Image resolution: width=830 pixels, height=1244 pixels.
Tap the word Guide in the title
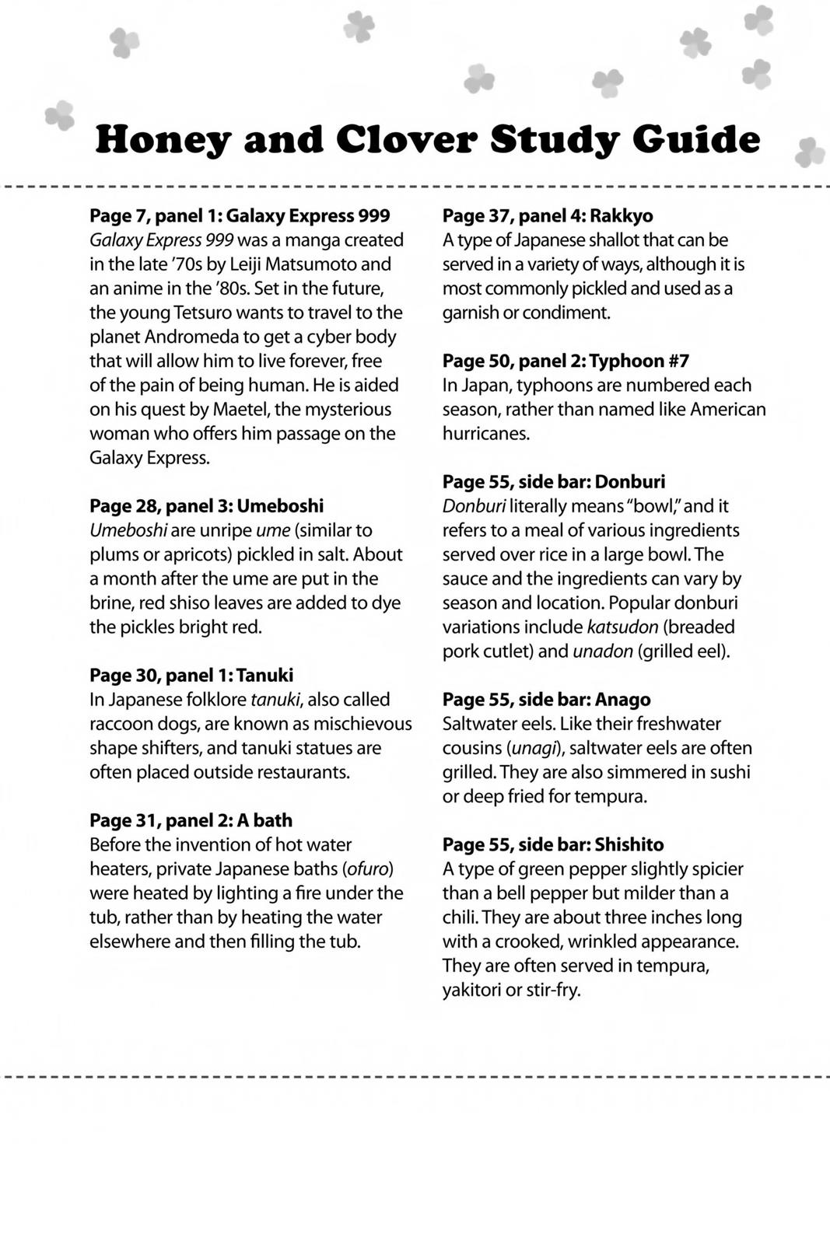click(695, 140)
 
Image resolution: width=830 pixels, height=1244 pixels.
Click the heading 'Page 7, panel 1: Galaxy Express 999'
click(240, 215)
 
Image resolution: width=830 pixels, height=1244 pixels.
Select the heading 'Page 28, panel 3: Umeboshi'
click(206, 505)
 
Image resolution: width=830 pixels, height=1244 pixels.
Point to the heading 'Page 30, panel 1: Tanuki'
click(191, 675)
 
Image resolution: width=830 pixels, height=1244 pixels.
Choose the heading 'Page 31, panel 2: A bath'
click(191, 820)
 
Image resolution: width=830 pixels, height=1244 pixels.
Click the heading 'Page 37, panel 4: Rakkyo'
click(548, 215)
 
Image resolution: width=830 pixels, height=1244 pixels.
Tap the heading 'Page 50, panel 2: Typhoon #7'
click(566, 361)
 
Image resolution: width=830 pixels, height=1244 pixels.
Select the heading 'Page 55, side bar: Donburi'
click(554, 481)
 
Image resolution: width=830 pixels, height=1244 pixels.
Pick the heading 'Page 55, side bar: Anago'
click(546, 699)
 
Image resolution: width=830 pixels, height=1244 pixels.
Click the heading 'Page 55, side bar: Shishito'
click(553, 844)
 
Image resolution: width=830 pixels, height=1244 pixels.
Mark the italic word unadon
click(602, 651)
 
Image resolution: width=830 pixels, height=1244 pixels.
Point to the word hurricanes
click(486, 433)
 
